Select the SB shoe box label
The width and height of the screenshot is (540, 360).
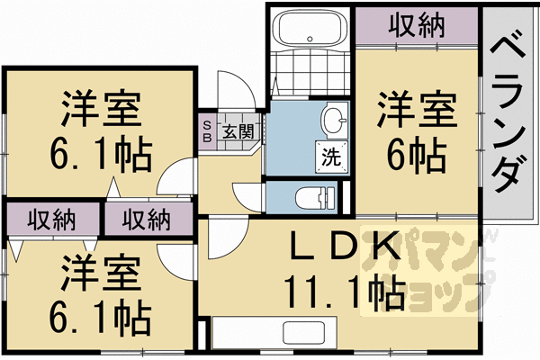(207, 130)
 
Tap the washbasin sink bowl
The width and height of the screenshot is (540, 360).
(334, 120)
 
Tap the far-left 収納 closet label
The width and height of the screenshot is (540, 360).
(50, 218)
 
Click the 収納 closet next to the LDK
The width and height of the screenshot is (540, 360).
(148, 218)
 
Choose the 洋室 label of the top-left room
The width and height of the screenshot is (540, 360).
(101, 109)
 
